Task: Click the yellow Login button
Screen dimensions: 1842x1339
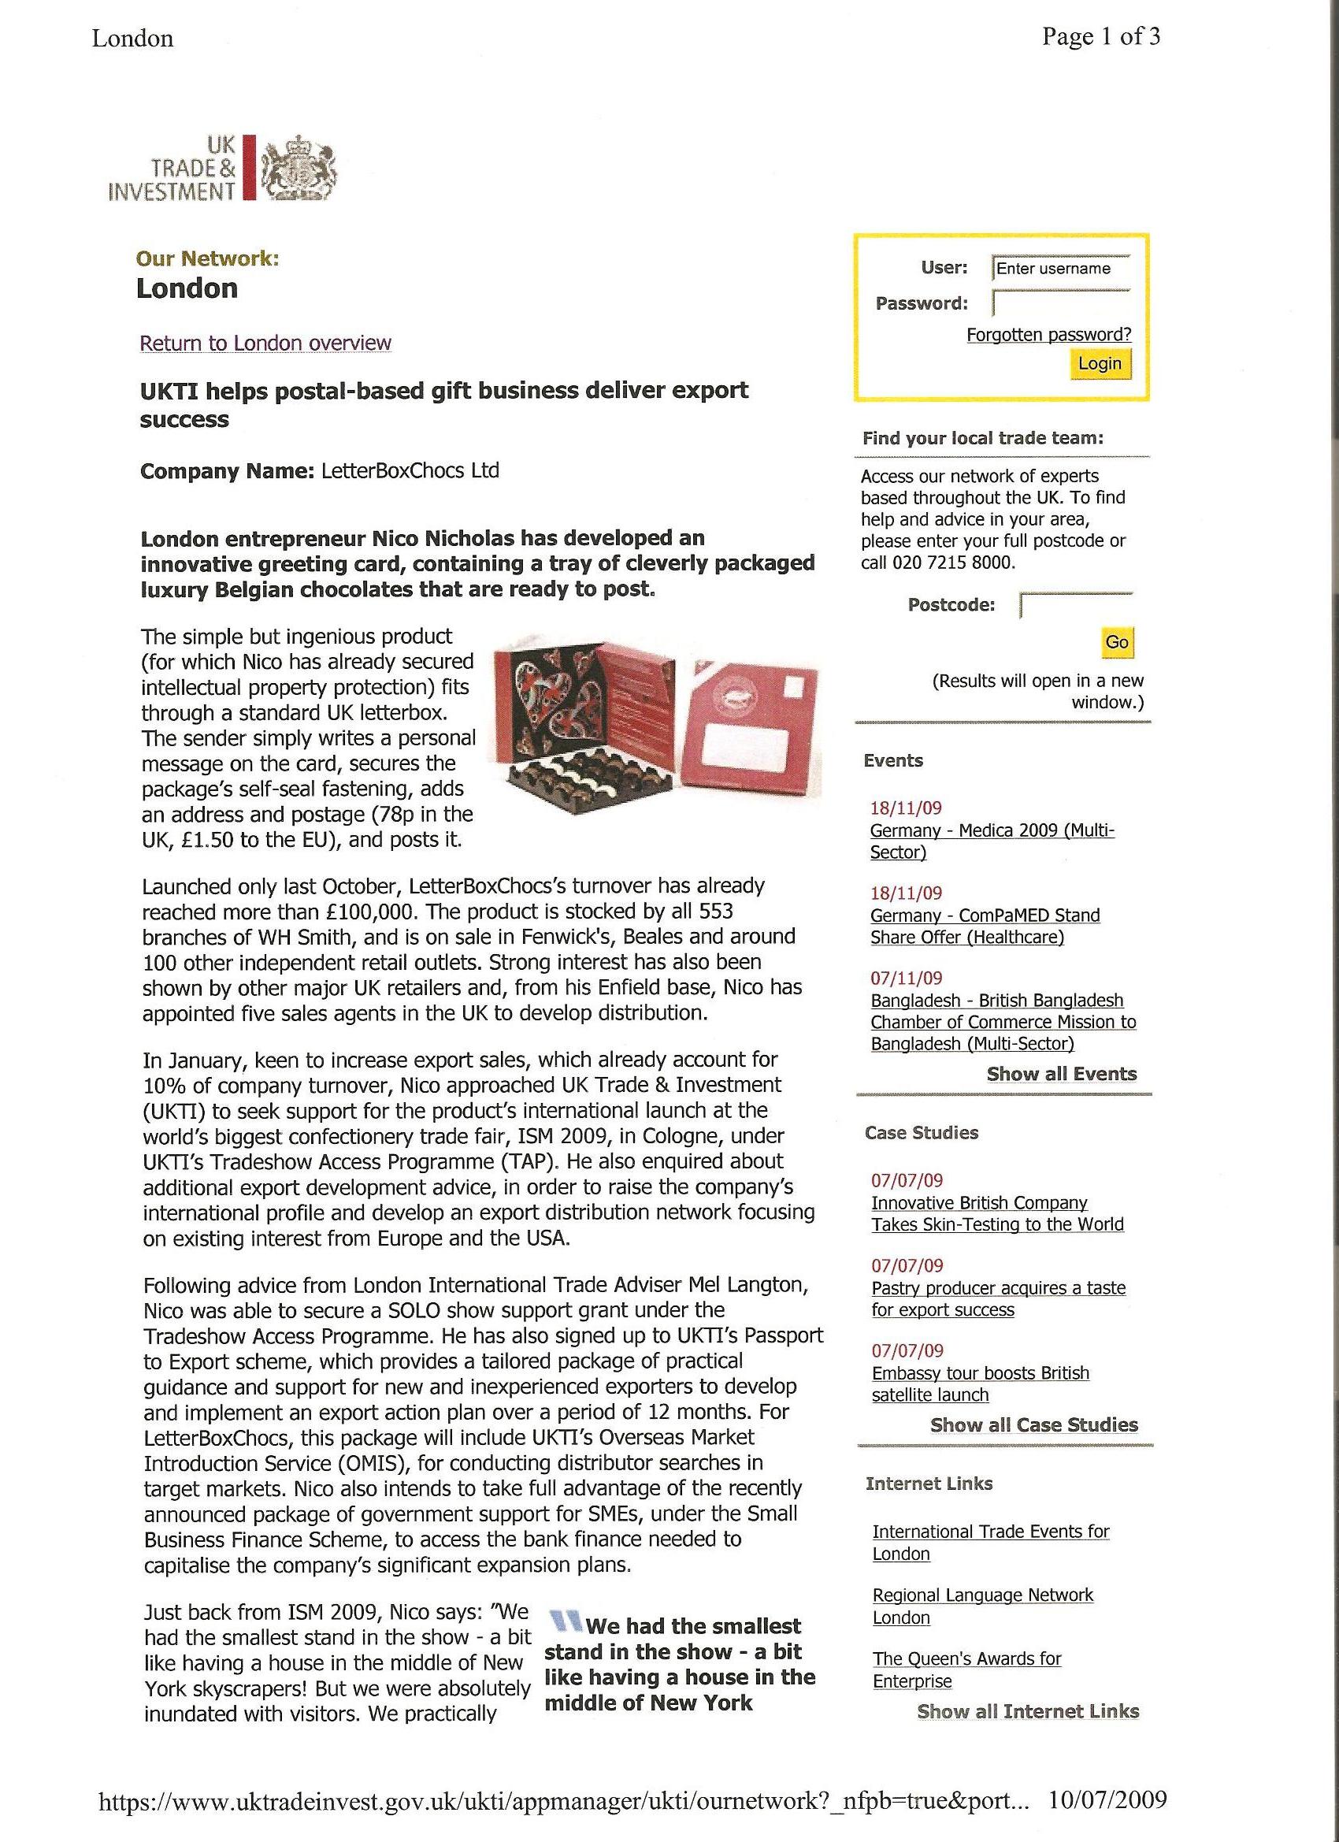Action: [1100, 363]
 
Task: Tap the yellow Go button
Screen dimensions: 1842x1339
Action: [1117, 641]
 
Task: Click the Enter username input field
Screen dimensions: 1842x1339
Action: [1060, 268]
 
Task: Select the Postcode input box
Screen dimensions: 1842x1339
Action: [1077, 605]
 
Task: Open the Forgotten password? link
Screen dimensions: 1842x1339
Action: [1048, 335]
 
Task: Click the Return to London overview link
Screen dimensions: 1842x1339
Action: [265, 343]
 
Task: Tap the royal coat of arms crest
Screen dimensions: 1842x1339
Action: [298, 167]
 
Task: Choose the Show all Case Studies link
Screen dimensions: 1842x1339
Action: [1033, 1424]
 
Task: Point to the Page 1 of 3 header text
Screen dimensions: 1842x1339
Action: [1101, 36]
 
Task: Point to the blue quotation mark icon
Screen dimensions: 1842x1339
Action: [566, 1622]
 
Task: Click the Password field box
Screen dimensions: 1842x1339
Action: [1060, 303]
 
